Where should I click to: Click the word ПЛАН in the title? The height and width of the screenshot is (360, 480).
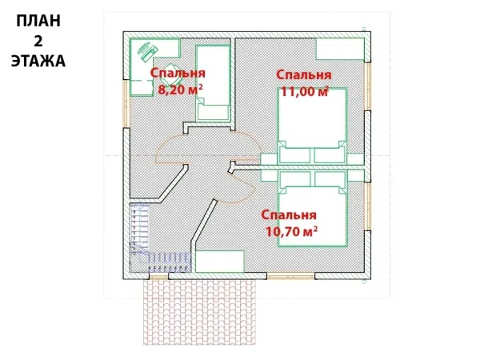coord(38,21)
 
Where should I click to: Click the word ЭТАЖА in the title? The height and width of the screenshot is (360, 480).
coord(38,61)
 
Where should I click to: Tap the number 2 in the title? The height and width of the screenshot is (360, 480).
coord(38,41)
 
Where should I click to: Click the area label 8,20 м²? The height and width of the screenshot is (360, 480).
coord(180,90)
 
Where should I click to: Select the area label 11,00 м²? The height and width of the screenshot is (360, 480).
coord(305,91)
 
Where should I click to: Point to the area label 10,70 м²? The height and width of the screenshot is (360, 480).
coord(291,231)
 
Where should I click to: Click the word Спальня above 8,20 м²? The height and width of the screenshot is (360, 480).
coord(178,74)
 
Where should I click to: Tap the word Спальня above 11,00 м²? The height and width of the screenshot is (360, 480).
coord(304,75)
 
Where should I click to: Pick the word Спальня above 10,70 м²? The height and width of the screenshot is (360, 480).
coord(289,215)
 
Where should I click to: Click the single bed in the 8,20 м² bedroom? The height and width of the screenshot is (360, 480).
coord(213,83)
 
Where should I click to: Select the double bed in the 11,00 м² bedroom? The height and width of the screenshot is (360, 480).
coord(312,126)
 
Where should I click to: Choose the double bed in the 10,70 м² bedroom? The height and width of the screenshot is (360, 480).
coord(312,209)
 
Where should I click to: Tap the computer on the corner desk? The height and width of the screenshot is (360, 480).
coord(147,50)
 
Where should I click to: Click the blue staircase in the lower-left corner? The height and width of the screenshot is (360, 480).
coord(153,238)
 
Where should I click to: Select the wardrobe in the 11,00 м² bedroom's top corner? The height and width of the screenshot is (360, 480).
coord(340,49)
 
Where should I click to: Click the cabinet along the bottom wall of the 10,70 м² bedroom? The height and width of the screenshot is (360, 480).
coord(220,262)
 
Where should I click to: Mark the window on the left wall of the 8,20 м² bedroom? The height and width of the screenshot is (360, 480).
coord(126,103)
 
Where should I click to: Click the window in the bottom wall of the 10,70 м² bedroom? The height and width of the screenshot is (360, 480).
coord(291,276)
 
